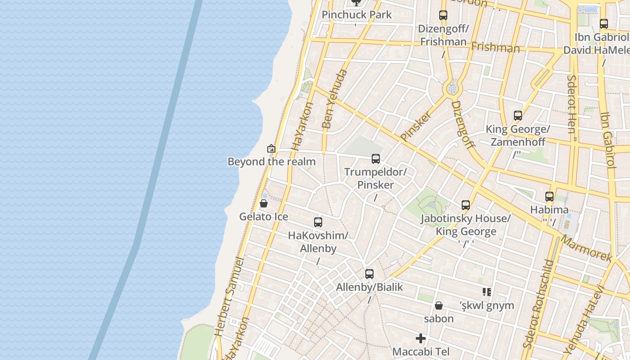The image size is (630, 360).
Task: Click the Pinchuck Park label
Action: [357, 15]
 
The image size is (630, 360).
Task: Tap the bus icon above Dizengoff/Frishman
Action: [443, 15]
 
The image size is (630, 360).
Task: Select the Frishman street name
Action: [495, 47]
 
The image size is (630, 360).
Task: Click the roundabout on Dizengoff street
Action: [452, 89]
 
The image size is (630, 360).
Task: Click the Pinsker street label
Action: [416, 126]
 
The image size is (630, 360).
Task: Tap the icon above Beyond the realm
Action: [271, 148]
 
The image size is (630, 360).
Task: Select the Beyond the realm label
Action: [271, 162]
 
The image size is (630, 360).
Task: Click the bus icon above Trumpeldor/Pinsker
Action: [376, 158]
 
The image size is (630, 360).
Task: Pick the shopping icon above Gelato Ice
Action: [264, 204]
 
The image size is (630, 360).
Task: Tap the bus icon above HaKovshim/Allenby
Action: [318, 222]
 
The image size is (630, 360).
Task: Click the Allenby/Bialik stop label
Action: [369, 287]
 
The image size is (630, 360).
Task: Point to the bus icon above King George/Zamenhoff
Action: [518, 116]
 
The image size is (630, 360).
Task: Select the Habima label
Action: [549, 210]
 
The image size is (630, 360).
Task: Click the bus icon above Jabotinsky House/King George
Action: [466, 205]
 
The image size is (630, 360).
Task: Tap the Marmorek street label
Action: [586, 248]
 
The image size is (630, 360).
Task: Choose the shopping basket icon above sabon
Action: [439, 306]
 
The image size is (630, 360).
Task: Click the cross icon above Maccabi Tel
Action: [421, 338]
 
